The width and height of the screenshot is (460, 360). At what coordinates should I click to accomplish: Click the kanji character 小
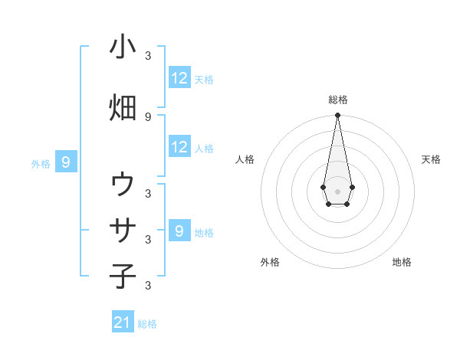(123, 47)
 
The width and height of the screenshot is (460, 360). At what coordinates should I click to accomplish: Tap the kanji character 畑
(123, 107)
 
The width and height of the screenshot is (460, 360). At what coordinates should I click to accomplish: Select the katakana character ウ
(123, 185)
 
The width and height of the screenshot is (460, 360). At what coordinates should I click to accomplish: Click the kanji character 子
(123, 275)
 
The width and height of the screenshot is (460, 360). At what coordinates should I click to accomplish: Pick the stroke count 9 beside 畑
(148, 116)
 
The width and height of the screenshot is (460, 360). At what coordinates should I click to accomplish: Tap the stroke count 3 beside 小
(148, 55)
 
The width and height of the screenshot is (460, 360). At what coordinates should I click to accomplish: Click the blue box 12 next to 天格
(179, 78)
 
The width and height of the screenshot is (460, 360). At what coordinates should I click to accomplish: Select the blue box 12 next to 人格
(179, 147)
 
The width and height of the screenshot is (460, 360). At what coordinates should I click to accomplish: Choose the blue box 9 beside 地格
(179, 231)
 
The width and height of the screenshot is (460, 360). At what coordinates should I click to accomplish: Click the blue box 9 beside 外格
(66, 162)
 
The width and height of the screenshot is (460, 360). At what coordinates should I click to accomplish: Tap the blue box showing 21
(123, 322)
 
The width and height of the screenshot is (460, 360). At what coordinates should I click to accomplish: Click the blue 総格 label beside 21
(147, 324)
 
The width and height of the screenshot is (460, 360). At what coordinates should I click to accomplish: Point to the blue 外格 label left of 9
(41, 163)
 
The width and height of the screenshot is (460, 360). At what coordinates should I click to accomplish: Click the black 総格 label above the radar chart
(337, 100)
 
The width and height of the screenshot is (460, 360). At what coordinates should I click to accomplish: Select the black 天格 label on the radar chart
(431, 159)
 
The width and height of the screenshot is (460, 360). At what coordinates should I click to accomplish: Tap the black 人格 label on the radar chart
(245, 159)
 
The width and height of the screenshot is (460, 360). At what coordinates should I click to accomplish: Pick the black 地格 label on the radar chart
(402, 262)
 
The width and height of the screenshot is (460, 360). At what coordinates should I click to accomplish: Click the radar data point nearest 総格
(337, 116)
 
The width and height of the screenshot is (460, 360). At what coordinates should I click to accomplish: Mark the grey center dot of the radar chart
(337, 190)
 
